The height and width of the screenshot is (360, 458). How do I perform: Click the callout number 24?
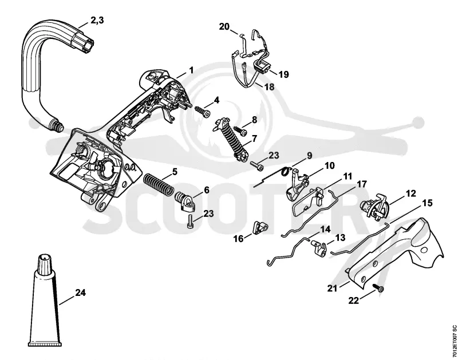(80, 292)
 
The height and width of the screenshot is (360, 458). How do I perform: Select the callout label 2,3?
(97, 21)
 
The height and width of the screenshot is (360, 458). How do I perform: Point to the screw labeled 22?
(379, 289)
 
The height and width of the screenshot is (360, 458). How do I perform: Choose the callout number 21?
(332, 288)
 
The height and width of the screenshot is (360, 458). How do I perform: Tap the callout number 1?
(191, 70)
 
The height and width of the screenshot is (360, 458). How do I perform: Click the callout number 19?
(283, 74)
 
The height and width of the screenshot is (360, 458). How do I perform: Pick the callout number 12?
(411, 193)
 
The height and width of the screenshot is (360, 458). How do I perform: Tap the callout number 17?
(362, 184)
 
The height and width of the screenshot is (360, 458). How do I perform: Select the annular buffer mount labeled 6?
(185, 201)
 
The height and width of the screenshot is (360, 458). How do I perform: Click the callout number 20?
(224, 26)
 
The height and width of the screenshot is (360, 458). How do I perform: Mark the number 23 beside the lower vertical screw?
(208, 213)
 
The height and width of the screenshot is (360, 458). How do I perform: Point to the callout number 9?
(309, 156)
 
